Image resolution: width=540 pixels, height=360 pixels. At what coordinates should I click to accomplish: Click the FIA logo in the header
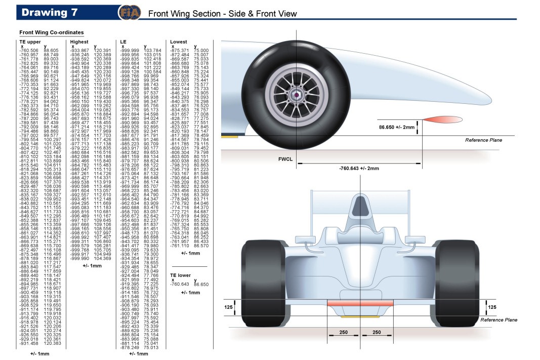click(127, 13)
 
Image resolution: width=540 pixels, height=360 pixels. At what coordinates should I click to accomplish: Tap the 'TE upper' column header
click(30, 42)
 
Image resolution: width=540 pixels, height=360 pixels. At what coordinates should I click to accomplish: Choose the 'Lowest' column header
click(179, 42)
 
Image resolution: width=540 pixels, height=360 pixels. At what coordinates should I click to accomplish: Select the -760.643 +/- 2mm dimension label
click(359, 168)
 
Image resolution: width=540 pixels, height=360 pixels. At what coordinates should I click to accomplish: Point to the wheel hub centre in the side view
click(294, 94)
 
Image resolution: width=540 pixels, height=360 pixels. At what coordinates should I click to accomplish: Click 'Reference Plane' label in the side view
click(483, 140)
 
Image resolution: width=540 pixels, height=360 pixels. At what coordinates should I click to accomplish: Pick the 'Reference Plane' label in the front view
click(499, 320)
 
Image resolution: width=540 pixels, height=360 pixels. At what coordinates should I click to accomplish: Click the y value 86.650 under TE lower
click(201, 285)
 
